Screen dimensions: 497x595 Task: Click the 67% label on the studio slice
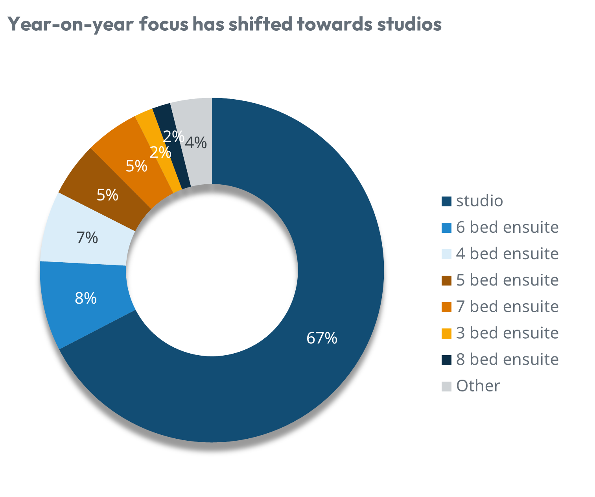(x=322, y=338)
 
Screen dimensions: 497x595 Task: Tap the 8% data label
(x=86, y=299)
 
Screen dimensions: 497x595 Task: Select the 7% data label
(x=87, y=238)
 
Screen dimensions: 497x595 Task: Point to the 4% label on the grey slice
(x=196, y=143)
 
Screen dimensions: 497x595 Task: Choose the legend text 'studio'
(x=479, y=201)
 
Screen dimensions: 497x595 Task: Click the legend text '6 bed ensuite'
(x=507, y=228)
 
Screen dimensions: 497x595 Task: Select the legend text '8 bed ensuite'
(x=507, y=360)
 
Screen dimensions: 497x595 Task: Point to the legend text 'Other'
(x=478, y=386)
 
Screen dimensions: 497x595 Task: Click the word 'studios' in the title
(x=409, y=24)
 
